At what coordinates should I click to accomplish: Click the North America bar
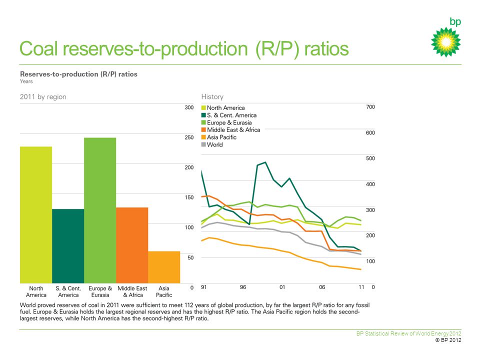[x=36, y=215]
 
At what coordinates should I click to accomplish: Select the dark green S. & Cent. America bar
[x=68, y=246]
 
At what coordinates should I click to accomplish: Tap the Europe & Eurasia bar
[x=100, y=210]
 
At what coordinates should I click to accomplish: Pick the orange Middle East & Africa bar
[x=132, y=245]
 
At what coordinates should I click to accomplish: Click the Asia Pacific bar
[x=164, y=267]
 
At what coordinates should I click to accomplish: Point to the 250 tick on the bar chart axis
[x=189, y=137]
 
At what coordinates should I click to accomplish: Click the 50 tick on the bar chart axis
[x=190, y=258]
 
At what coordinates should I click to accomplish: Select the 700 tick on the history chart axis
[x=370, y=107]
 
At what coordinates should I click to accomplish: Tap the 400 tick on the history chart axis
[x=370, y=184]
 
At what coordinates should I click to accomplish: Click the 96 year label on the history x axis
[x=243, y=287]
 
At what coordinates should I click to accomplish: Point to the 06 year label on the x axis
[x=322, y=287]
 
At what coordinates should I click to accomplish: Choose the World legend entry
[x=212, y=145]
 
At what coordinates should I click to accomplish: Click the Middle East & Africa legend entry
[x=231, y=130]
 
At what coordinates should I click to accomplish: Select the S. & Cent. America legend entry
[x=229, y=115]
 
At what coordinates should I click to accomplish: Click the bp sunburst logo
[x=446, y=42]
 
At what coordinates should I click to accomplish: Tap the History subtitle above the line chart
[x=212, y=96]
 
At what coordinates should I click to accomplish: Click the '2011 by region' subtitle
[x=43, y=96]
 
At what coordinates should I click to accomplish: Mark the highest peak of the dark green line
[x=265, y=162]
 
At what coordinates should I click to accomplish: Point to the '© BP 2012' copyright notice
[x=448, y=340]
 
